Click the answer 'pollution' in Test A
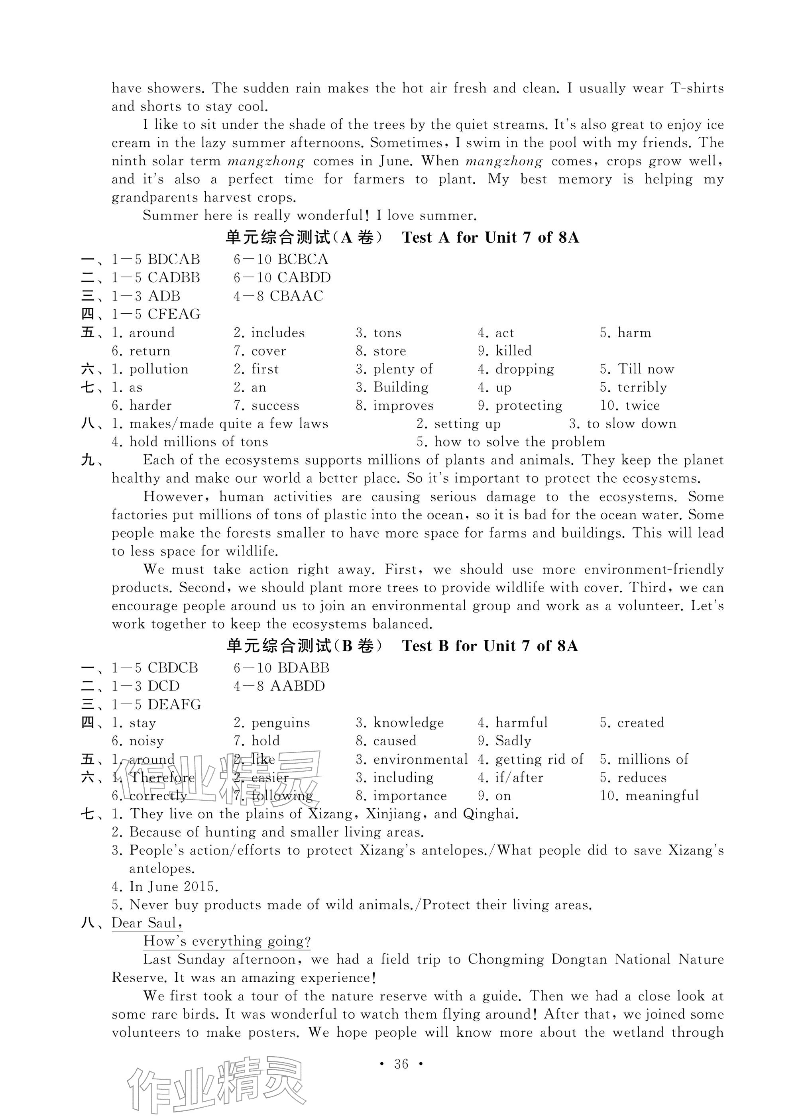[159, 369]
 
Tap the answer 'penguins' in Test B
[281, 723]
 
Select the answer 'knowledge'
[409, 723]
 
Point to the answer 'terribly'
[642, 388]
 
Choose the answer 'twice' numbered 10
[642, 406]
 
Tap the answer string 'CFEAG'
[174, 314]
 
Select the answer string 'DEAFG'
[174, 705]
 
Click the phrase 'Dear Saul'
[147, 923]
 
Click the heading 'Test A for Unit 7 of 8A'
[490, 238]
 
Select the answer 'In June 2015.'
[173, 886]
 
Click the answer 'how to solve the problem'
[519, 442]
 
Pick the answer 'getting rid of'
[539, 760]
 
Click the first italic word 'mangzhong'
[266, 161]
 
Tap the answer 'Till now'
[645, 369]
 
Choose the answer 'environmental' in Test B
[420, 760]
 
